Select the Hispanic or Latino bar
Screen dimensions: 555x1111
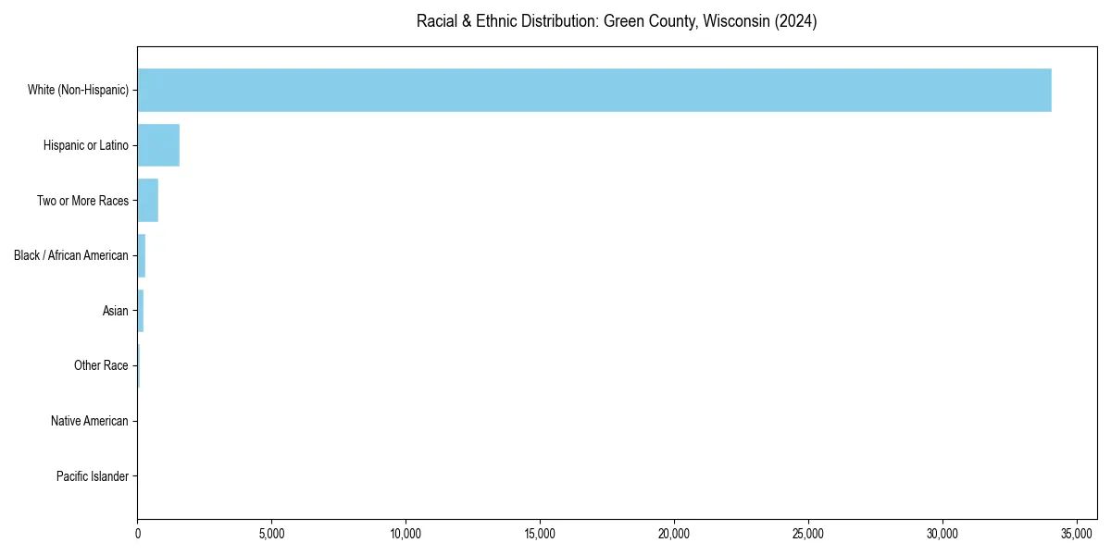pyautogui.click(x=158, y=145)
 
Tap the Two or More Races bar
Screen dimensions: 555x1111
pyautogui.click(x=148, y=200)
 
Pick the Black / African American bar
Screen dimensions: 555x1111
pyautogui.click(x=142, y=255)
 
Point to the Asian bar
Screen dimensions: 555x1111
pyautogui.click(x=141, y=311)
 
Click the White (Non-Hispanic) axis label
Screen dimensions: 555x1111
pyautogui.click(x=78, y=90)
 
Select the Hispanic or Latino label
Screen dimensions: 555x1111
pyautogui.click(x=86, y=145)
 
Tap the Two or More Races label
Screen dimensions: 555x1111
pyautogui.click(x=82, y=201)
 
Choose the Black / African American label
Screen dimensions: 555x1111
pyautogui.click(x=71, y=255)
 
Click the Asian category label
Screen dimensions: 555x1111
pyautogui.click(x=116, y=311)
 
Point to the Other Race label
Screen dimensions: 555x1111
pyautogui.click(x=101, y=366)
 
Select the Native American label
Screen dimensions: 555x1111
pyautogui.click(x=90, y=421)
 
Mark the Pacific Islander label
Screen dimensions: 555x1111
pyautogui.click(x=93, y=476)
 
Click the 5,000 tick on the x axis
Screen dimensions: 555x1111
pyautogui.click(x=271, y=534)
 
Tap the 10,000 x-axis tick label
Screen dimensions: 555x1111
pyautogui.click(x=406, y=534)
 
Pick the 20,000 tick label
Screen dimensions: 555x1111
pyautogui.click(x=674, y=534)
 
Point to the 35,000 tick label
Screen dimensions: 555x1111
pyautogui.click(x=1077, y=534)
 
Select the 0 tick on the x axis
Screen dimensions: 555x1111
pyautogui.click(x=138, y=534)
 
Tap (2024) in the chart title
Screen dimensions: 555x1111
pyautogui.click(x=791, y=21)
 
